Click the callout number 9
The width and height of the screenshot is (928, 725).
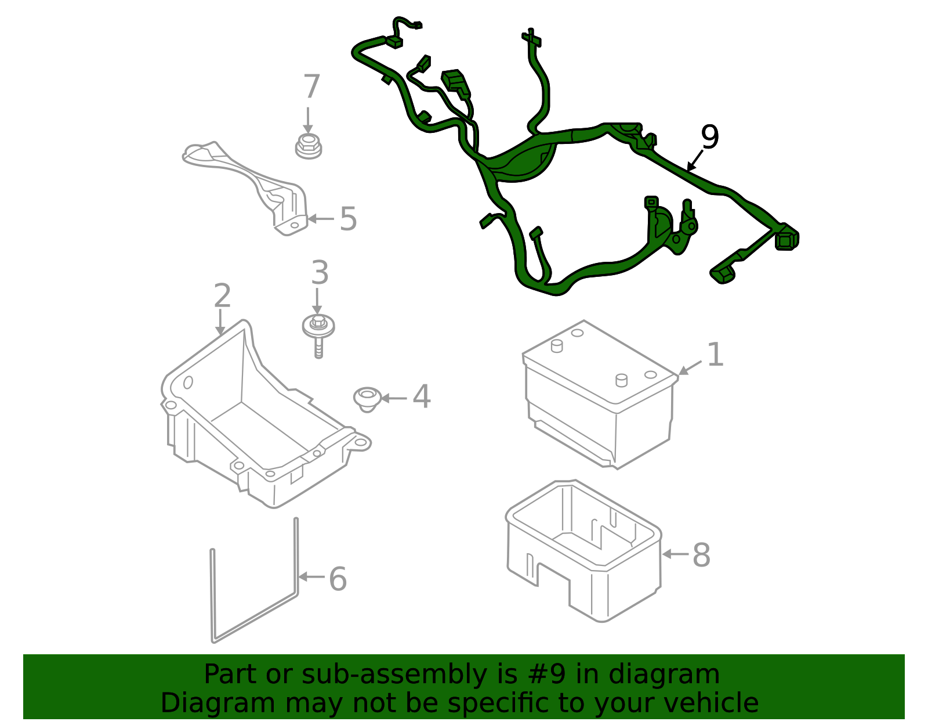pos(710,137)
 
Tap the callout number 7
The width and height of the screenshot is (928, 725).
pos(311,86)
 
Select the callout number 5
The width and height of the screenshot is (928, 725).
pos(348,219)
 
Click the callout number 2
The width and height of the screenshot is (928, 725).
pos(223,295)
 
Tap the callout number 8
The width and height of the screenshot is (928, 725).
pos(701,555)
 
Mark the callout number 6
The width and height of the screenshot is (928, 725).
pos(338,579)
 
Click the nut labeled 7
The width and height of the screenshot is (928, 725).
pos(309,146)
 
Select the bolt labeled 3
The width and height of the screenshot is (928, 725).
pos(318,336)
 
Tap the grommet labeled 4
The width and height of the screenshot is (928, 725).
pos(367,399)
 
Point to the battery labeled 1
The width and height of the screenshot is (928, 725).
pos(600,394)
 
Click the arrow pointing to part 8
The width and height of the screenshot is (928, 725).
pos(675,554)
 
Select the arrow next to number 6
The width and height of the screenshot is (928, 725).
pos(311,577)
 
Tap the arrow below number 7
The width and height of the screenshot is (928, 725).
pos(308,120)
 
